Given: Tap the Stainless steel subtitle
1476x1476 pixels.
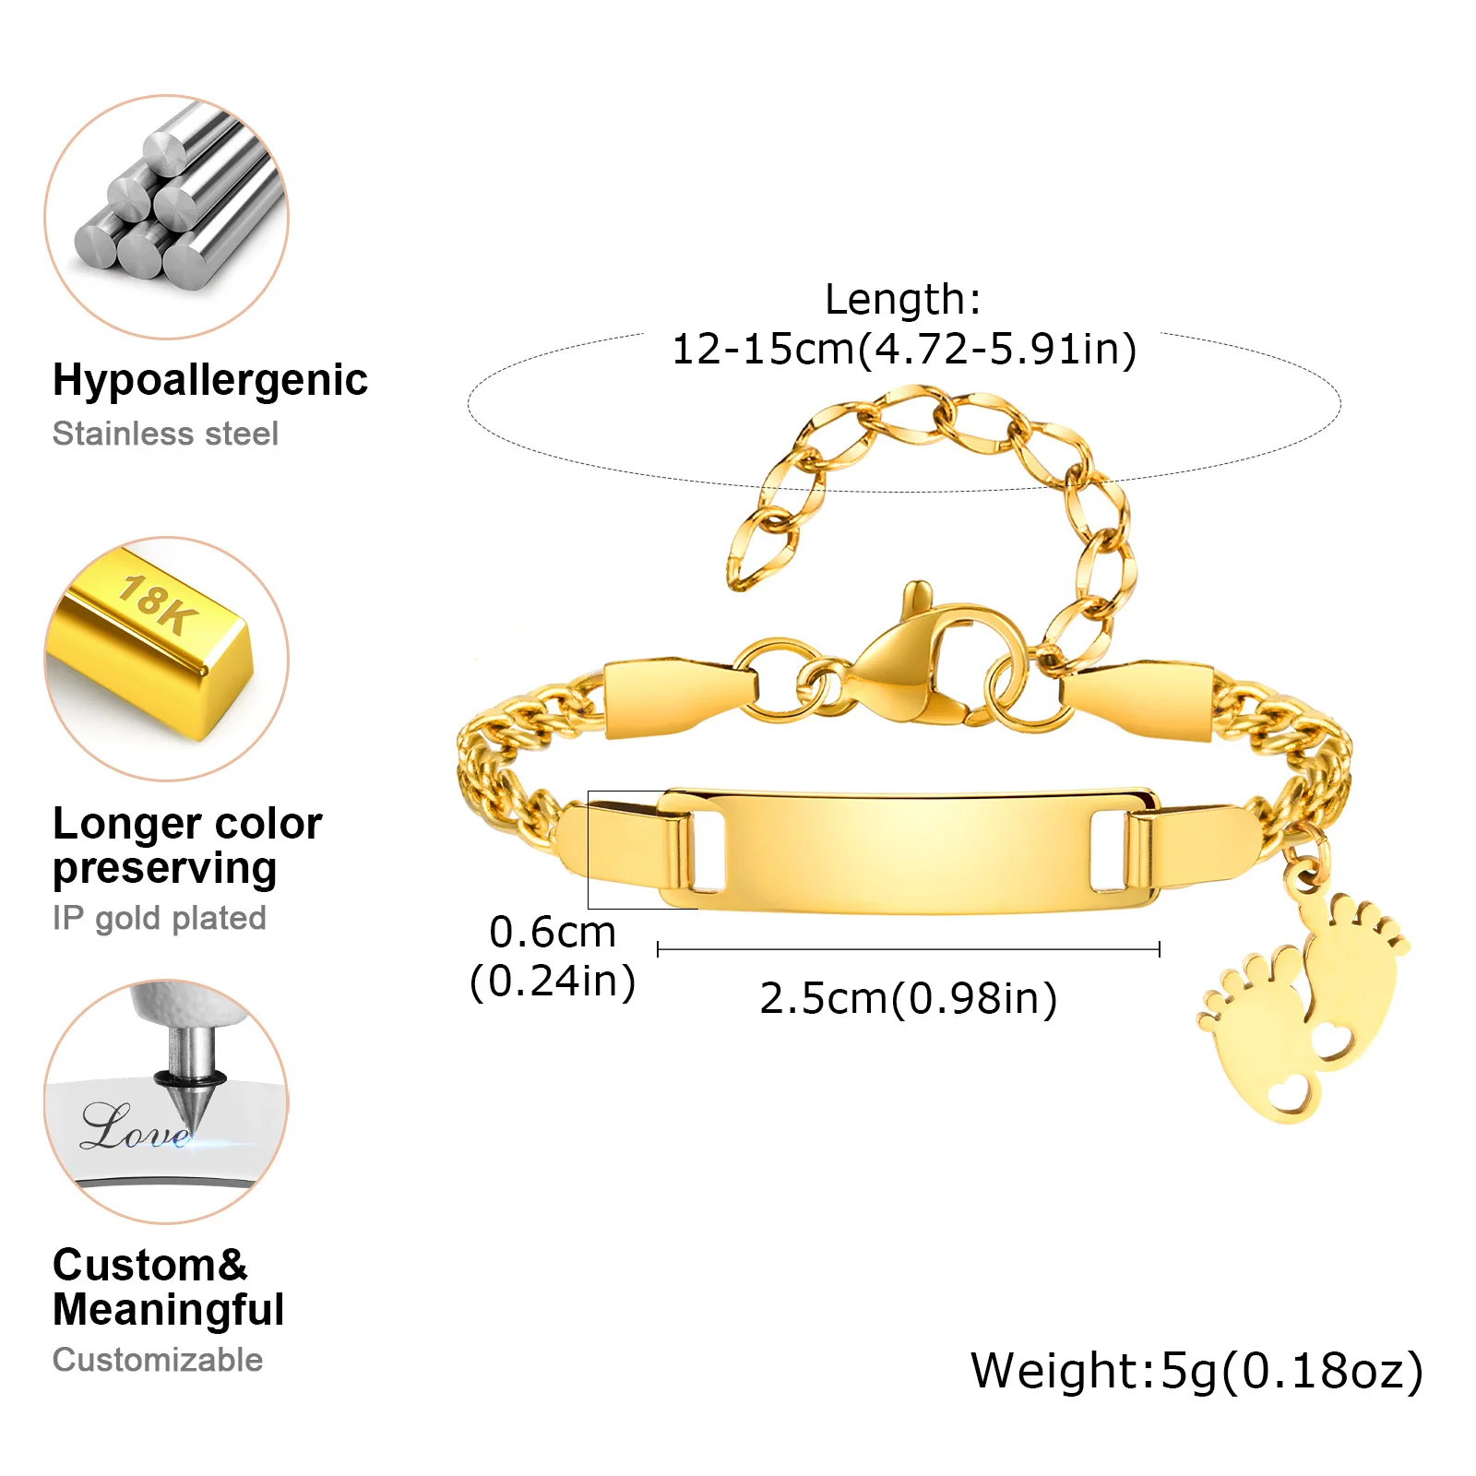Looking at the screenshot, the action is point(165,434).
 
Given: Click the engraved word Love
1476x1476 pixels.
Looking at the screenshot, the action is point(137,1127).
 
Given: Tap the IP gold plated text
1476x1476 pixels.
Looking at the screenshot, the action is point(160,918).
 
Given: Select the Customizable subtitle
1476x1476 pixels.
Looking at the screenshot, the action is point(158,1360).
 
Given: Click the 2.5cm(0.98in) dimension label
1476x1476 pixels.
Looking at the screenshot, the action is point(909,999).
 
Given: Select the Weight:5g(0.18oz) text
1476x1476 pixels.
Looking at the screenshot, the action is point(1197,1371).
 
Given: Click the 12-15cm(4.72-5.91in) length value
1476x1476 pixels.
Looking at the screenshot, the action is point(904,350).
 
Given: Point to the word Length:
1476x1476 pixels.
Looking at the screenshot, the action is point(903,299).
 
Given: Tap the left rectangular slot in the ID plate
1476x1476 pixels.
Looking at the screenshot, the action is point(706,851).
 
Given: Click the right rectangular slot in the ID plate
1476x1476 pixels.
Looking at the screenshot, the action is point(1107,851).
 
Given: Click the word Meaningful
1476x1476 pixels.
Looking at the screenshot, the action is point(169,1310).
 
